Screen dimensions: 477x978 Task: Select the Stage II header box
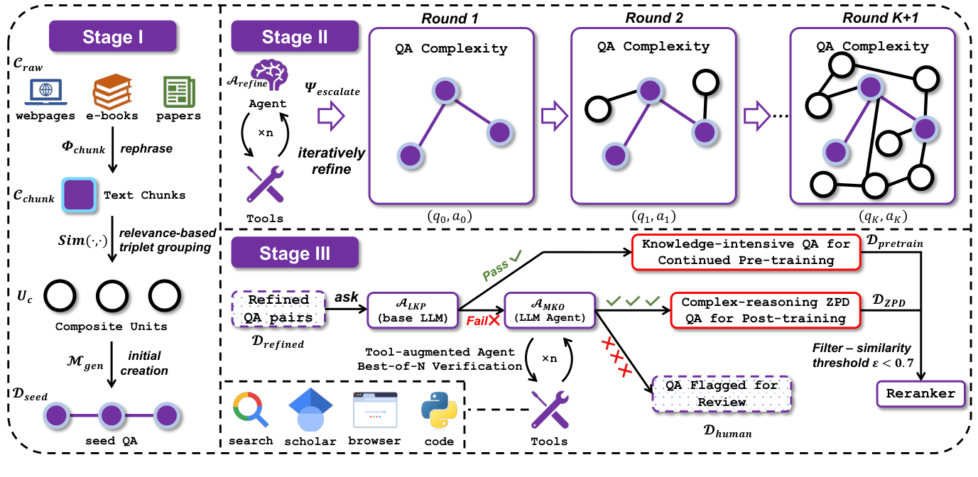click(295, 38)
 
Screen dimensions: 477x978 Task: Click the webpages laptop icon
click(46, 92)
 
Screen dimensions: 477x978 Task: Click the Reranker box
click(920, 393)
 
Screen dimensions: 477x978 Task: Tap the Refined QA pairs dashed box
click(278, 309)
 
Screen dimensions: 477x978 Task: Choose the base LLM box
click(413, 310)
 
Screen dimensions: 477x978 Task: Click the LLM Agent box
click(549, 310)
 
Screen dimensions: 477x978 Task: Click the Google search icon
click(251, 410)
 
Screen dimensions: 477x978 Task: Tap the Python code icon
click(438, 410)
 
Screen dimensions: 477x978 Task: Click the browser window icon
click(374, 410)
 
